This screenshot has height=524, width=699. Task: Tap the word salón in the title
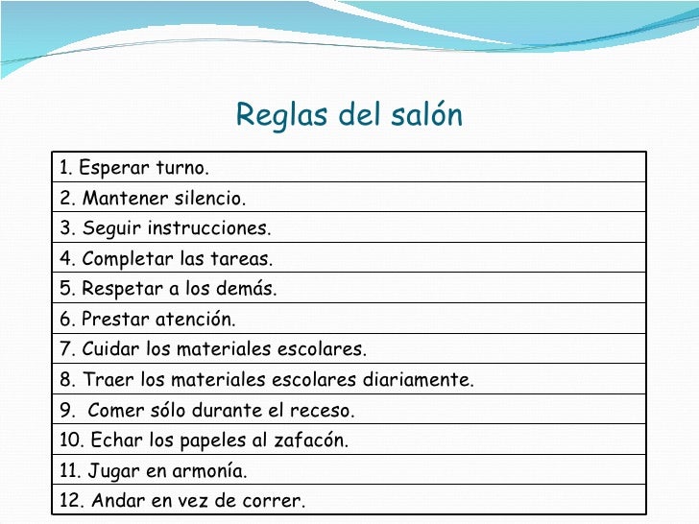(x=426, y=116)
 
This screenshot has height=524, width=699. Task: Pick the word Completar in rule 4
(x=126, y=259)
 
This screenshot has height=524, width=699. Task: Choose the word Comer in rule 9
(x=113, y=411)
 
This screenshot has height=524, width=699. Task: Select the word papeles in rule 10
(x=213, y=441)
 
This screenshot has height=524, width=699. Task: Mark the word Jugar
(x=111, y=471)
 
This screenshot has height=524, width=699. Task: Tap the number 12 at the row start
(x=68, y=501)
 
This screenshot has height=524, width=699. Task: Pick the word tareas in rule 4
(x=242, y=259)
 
